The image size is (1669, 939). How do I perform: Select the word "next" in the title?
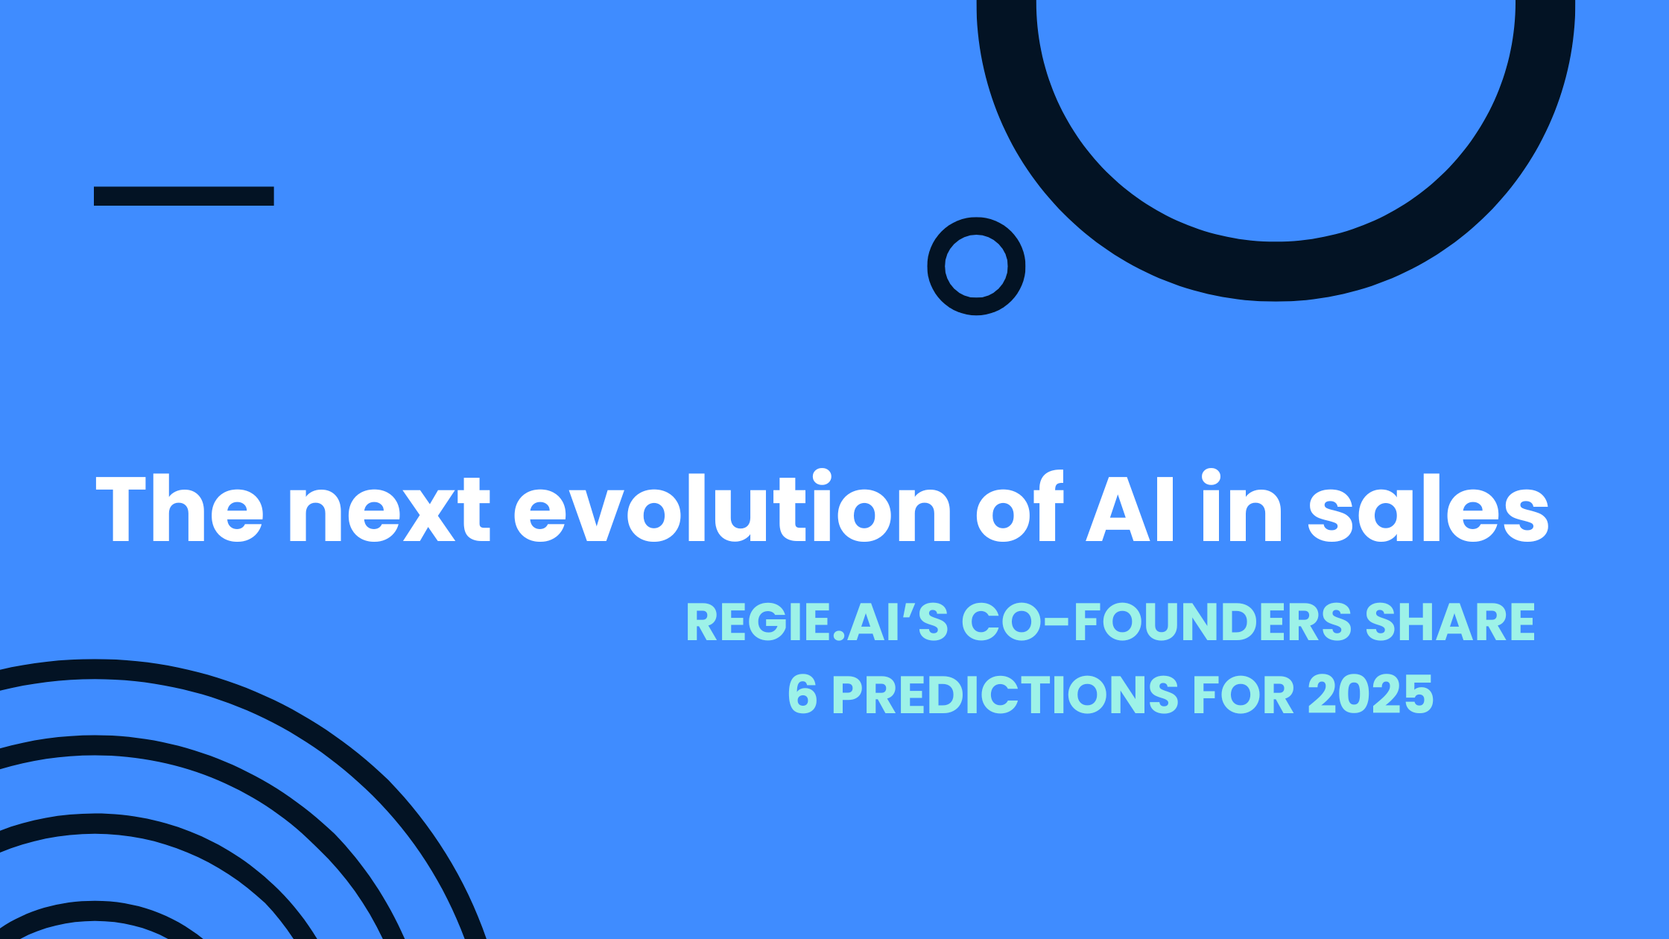389,511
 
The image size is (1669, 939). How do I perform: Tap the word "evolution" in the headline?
732,507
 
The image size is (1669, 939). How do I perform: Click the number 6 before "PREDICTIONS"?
802,695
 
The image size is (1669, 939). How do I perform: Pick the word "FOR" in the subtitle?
1244,695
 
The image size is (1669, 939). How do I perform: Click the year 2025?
1370,695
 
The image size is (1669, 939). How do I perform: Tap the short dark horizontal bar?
184,196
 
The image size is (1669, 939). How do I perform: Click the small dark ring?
937,266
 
